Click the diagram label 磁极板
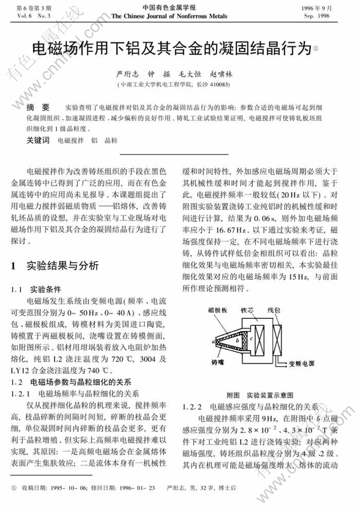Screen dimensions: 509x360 (x=217, y=311)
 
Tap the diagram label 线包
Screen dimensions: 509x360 (x=274, y=311)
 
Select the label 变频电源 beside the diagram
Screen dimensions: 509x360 (x=302, y=364)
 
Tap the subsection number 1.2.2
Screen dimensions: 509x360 (x=192, y=407)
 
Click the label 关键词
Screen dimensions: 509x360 (x=38, y=141)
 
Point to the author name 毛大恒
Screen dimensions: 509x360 (x=186, y=75)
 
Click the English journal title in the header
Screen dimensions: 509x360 (x=169, y=16)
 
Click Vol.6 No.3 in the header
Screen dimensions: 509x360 (x=33, y=16)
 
